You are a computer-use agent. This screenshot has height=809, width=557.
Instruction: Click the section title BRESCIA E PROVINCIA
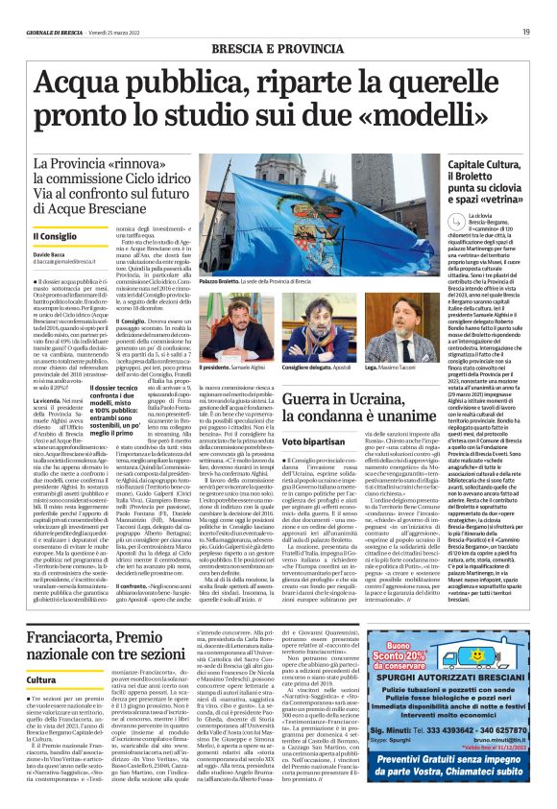(277, 47)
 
